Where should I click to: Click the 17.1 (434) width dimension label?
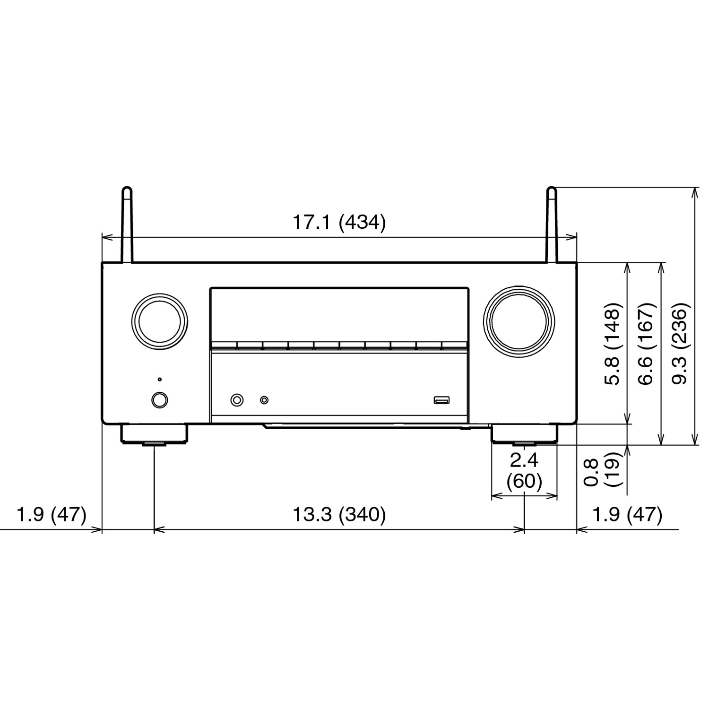[x=339, y=222]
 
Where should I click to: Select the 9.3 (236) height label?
[x=681, y=343]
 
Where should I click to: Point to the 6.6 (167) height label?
[x=647, y=343]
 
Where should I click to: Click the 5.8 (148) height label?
[x=613, y=343]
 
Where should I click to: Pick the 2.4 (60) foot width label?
[x=524, y=471]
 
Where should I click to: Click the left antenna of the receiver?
[x=127, y=225]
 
